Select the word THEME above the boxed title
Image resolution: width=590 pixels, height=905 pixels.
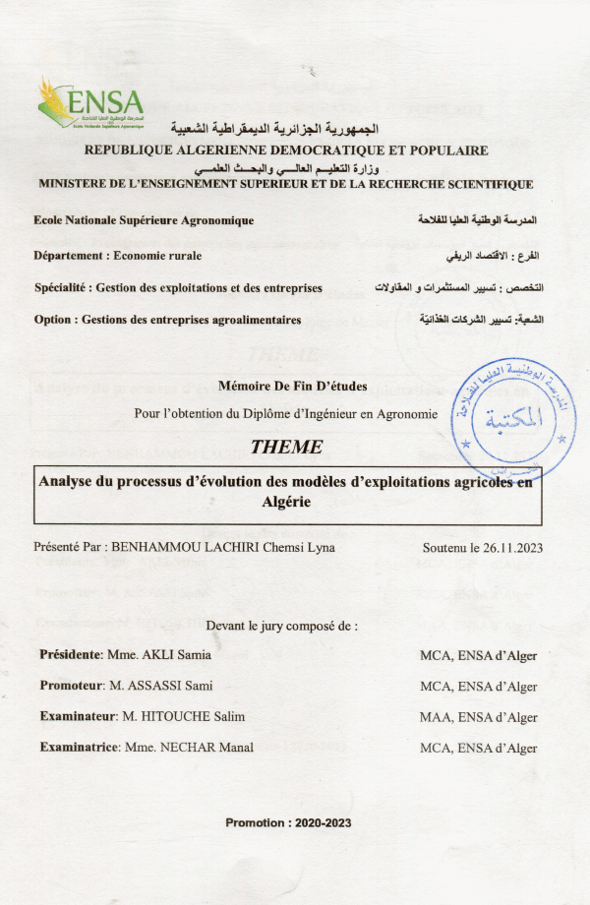(x=286, y=447)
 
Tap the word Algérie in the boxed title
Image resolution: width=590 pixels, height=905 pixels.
(x=288, y=501)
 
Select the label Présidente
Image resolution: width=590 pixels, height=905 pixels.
(x=71, y=654)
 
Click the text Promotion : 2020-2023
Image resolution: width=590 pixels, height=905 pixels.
(x=288, y=822)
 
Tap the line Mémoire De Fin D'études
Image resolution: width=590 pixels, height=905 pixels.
(x=286, y=386)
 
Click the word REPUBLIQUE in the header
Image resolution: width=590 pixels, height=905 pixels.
(x=130, y=151)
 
